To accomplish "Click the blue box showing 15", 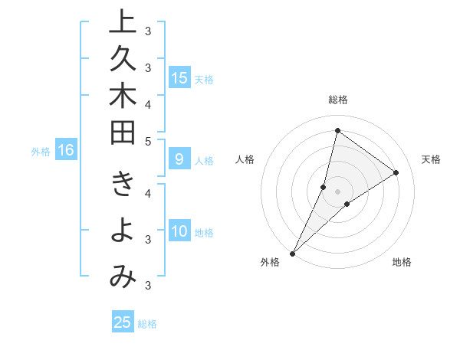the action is pos(179,78).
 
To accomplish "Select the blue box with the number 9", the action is pos(179,160).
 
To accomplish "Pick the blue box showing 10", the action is pos(179,232).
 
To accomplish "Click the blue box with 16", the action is pos(65,151).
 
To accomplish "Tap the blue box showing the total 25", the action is pos(123,322).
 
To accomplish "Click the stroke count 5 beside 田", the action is pos(148,142).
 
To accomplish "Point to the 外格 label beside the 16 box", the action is pos(41,152).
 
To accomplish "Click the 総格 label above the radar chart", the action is pos(338,100).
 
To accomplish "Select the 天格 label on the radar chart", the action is pos(432,159).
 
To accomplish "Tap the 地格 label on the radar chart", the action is pos(402,262).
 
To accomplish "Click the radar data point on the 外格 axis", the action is pos(292,253).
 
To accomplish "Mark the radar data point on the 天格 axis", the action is pos(396,172).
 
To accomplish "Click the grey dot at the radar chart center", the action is pos(338,191).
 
